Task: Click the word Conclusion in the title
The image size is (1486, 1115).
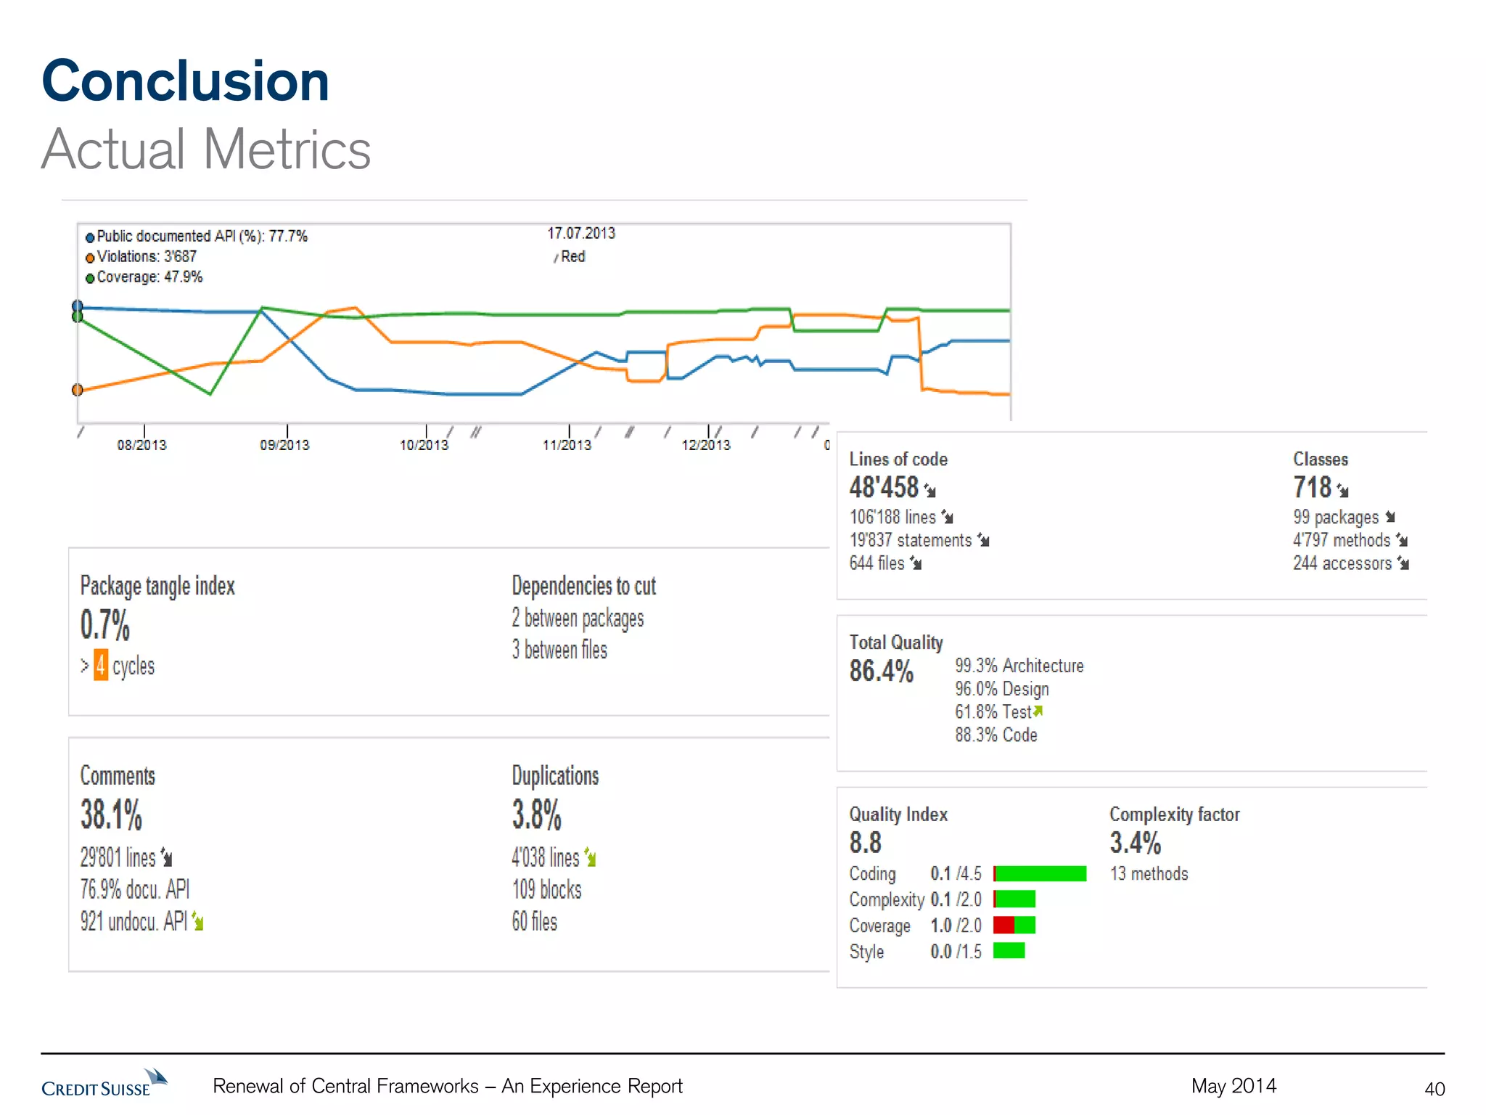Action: [186, 81]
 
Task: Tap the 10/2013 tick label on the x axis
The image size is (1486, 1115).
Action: [424, 444]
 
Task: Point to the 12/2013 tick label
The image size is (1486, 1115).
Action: [705, 444]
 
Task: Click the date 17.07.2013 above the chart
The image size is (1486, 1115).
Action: [580, 233]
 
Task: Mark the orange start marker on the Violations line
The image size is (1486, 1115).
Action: [78, 390]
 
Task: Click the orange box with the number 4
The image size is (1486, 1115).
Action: [101, 666]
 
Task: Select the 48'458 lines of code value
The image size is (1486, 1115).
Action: [884, 487]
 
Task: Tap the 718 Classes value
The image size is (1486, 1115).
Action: [1312, 487]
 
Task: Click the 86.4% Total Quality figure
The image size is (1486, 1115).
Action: [881, 671]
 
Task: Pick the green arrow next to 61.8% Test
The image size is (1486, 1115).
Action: [1038, 711]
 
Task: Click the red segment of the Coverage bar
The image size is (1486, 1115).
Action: [1003, 925]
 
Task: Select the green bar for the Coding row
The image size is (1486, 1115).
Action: [1041, 873]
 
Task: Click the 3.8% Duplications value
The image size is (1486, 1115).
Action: [536, 814]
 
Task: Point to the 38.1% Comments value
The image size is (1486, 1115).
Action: [111, 814]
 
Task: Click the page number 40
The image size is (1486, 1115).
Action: [1434, 1089]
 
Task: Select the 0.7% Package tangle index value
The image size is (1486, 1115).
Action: [105, 625]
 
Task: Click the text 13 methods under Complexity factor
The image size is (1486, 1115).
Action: [1149, 873]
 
